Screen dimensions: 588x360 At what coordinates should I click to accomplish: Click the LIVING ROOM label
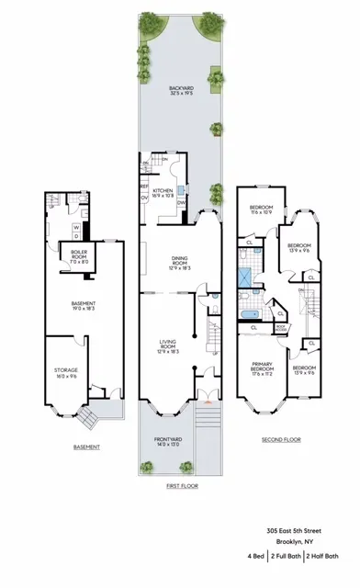(167, 347)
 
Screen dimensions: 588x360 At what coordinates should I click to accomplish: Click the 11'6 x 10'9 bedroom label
(264, 210)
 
